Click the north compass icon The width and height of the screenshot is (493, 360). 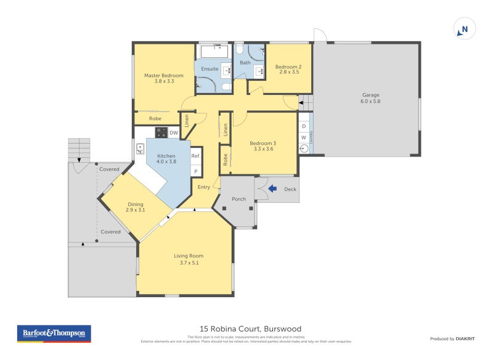click(465, 29)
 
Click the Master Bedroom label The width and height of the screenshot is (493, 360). click(164, 76)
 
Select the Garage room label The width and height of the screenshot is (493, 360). click(370, 95)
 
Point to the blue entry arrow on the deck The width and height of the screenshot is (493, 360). click(272, 190)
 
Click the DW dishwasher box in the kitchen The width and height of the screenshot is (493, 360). click(174, 133)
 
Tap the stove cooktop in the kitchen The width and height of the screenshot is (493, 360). click(161, 132)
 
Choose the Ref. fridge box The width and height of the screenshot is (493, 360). click(196, 156)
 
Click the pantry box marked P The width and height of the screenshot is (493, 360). click(196, 171)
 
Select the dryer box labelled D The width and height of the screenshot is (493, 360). click(303, 126)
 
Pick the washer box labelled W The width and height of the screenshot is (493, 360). click(303, 137)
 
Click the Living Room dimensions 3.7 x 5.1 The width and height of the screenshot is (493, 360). click(188, 263)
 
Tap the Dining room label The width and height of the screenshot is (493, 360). click(135, 204)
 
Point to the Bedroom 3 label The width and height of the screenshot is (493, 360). click(263, 143)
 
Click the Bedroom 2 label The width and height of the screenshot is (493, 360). click(287, 67)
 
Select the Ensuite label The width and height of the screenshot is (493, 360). click(210, 69)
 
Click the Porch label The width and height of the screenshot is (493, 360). click(238, 199)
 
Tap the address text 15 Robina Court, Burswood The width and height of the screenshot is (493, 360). click(250, 329)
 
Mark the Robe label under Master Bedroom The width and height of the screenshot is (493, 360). click(155, 118)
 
